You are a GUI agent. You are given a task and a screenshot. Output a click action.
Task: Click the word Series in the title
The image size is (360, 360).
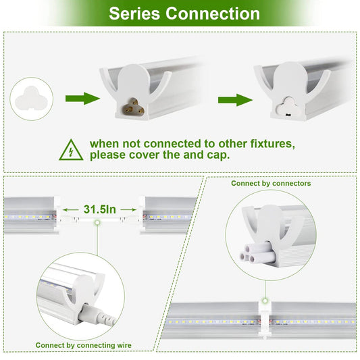coord(134,14)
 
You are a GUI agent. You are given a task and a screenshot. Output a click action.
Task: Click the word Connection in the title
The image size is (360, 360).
coord(213,14)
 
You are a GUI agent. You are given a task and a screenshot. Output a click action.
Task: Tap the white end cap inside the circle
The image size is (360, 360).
coord(31,99)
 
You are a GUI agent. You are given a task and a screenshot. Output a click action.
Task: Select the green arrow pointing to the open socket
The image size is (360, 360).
coord(82,99)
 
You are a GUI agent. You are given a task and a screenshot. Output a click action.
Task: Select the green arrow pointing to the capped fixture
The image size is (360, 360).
coord(235,100)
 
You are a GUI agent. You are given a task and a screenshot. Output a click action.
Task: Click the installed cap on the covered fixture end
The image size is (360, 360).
coord(288,107)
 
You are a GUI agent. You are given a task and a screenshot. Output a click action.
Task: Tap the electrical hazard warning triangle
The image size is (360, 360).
coord(71,150)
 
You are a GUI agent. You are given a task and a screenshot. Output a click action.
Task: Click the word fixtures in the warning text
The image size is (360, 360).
coord(272,144)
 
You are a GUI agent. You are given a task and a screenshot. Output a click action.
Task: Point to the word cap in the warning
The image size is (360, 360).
coord(218,155)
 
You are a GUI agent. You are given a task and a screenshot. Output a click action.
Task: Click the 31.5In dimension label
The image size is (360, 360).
coord(100,209)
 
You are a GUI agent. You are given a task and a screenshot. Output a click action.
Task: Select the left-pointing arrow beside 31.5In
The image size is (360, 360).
coord(71,209)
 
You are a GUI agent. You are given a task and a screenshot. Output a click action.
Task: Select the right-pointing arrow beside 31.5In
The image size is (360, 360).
coord(128,209)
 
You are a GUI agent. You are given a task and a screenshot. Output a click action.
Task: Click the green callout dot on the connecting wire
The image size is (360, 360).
coord(97,222)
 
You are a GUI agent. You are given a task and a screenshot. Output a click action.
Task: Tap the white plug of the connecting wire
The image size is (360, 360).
coord(97,315)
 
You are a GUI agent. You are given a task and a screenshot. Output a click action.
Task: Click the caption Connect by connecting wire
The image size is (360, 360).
coord(84,345)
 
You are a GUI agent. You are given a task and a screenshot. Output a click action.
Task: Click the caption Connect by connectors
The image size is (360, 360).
coord(271,183)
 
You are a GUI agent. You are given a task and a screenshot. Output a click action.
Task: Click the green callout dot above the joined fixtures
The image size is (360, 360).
coord(265,301)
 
